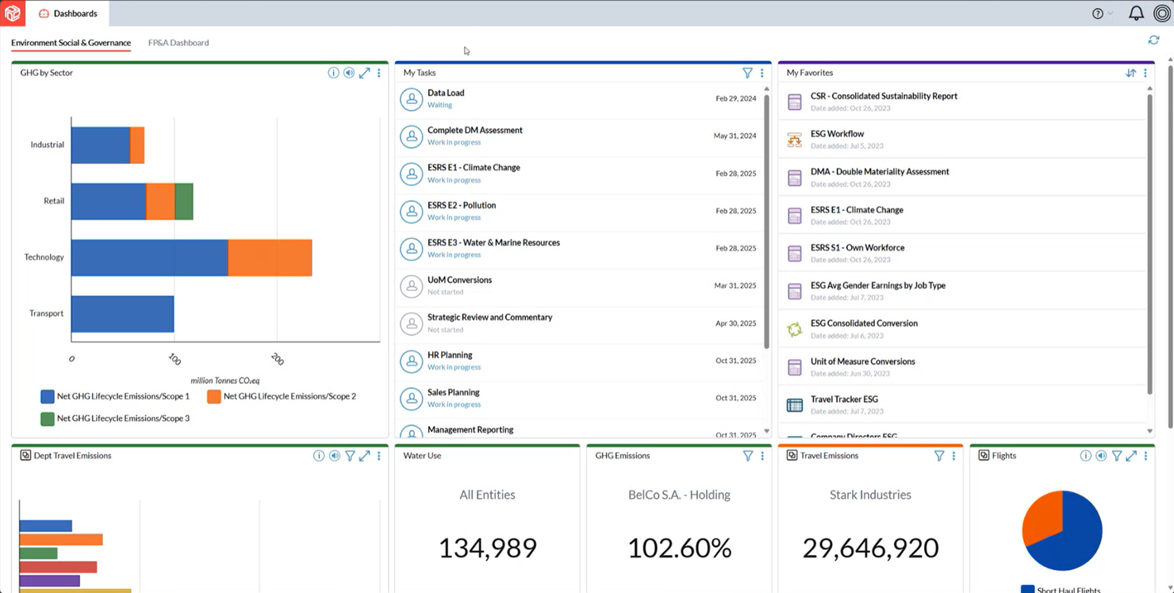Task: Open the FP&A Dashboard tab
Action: coord(178,43)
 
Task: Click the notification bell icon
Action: coord(1136,13)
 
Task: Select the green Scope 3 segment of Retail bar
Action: coord(184,201)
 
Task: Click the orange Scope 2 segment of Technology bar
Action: coord(270,258)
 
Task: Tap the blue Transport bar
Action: coord(122,314)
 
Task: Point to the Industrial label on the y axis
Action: coord(48,145)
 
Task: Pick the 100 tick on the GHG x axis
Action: coord(175,359)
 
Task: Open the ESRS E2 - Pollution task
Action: coord(462,205)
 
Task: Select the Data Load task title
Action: coord(446,93)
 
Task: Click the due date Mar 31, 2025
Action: coord(735,285)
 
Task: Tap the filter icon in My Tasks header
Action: coord(747,73)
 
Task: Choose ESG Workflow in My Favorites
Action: coord(837,134)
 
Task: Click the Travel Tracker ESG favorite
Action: coord(844,400)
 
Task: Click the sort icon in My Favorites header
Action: coord(1130,73)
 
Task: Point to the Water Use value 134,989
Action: coord(487,548)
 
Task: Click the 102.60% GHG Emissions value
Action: coord(679,548)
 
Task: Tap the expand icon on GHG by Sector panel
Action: coord(364,73)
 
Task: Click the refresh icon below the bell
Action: coord(1153,40)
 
